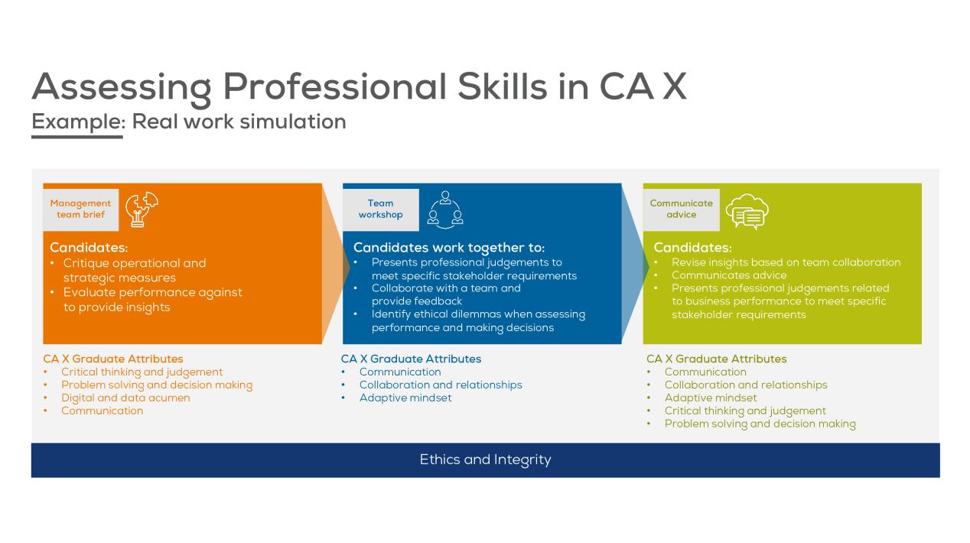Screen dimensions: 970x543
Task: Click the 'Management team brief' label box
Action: [x=80, y=210]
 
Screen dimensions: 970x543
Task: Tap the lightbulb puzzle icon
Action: [x=142, y=209]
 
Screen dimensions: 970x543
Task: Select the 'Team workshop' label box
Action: [x=381, y=210]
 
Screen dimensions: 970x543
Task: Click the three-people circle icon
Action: [x=445, y=210]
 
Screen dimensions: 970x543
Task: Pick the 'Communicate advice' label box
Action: [x=681, y=210]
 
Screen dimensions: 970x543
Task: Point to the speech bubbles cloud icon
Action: [x=747, y=212]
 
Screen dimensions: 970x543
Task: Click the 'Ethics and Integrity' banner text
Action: [x=485, y=460]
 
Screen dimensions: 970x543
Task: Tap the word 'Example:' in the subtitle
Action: [x=78, y=122]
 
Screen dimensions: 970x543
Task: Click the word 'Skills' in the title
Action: [x=503, y=86]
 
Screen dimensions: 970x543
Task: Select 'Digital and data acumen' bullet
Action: [x=125, y=398]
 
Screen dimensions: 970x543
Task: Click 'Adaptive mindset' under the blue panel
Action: [x=405, y=398]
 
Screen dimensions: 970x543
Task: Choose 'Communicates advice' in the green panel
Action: [x=729, y=275]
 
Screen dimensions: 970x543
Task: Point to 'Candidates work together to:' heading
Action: [x=449, y=248]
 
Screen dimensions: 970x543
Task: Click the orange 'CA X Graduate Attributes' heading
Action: [x=113, y=359]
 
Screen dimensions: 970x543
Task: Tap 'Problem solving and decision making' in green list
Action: [x=760, y=424]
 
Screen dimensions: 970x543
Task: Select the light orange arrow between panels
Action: [x=335, y=264]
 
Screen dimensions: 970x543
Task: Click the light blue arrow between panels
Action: [x=635, y=264]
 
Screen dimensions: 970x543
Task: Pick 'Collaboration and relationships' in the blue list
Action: [x=441, y=385]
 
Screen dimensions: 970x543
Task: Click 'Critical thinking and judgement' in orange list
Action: [x=142, y=372]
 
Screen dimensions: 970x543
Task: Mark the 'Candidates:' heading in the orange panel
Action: [x=89, y=248]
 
